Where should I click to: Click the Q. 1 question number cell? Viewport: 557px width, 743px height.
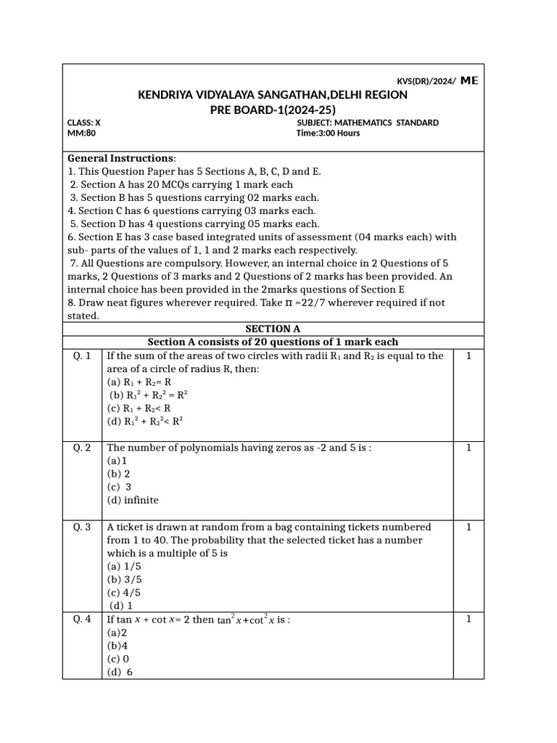pos(82,356)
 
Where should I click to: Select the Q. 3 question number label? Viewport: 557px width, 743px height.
pos(82,528)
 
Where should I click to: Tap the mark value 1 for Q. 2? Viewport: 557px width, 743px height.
pos(469,448)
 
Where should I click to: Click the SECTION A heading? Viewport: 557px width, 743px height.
pos(273,329)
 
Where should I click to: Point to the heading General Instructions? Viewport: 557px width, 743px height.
pos(121,158)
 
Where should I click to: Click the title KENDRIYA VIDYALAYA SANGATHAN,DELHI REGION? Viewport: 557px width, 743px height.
pos(273,95)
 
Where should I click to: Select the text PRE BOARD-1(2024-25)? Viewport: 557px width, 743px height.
pos(273,110)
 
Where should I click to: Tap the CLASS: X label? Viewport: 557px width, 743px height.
pos(84,123)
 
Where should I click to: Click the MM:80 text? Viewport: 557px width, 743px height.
pos(81,134)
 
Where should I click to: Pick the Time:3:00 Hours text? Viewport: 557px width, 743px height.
pos(329,134)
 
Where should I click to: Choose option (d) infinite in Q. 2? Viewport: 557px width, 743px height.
pos(133,500)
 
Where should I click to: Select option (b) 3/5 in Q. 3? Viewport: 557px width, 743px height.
pos(125,579)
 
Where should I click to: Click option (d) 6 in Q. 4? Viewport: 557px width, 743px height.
pos(121,672)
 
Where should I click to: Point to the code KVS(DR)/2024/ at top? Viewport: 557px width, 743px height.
pos(426,81)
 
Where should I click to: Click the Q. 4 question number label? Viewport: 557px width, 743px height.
pos(82,620)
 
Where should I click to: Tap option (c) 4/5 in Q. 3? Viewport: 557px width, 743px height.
pos(125,592)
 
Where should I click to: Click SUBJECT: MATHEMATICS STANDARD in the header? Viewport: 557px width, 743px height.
pos(368,123)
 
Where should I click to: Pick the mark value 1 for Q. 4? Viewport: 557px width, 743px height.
pos(469,620)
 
